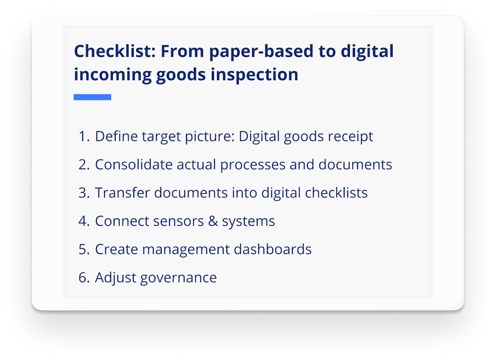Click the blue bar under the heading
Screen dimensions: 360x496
coord(92,97)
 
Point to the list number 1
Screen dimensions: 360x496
coord(84,137)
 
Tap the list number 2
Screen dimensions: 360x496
coord(84,165)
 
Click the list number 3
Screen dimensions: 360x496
coord(84,193)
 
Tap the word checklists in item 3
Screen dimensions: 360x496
coord(336,193)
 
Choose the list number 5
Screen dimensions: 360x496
coord(84,249)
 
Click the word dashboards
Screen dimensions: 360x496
coord(272,249)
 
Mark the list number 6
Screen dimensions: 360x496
coord(84,278)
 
